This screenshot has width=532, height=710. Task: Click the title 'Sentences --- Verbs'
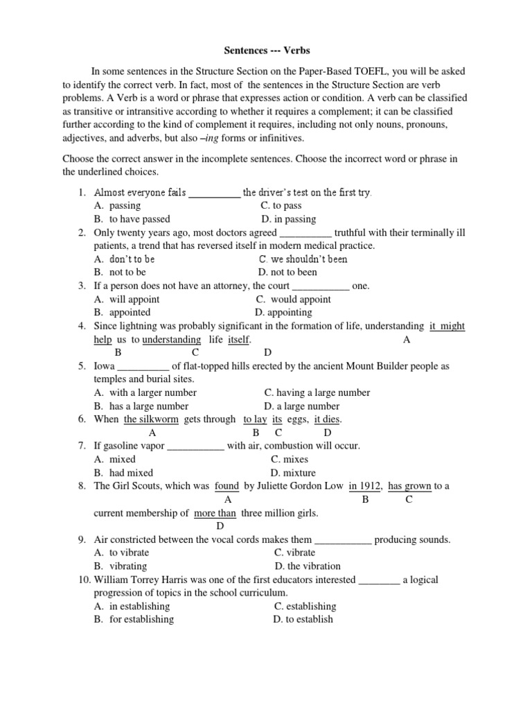pyautogui.click(x=267, y=51)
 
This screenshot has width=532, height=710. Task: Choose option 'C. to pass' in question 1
pyautogui.click(x=281, y=206)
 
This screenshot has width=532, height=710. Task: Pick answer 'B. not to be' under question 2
pyautogui.click(x=120, y=272)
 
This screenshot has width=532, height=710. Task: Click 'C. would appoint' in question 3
pyautogui.click(x=293, y=300)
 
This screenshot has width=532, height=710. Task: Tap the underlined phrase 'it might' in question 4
pyautogui.click(x=447, y=326)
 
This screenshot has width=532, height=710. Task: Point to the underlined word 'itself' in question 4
pyautogui.click(x=238, y=340)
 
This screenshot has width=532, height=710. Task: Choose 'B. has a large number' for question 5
pyautogui.click(x=141, y=406)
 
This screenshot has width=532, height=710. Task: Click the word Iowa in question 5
pyautogui.click(x=104, y=366)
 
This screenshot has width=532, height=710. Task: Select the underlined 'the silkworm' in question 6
pyautogui.click(x=151, y=419)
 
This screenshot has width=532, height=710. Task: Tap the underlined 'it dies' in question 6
pyautogui.click(x=328, y=419)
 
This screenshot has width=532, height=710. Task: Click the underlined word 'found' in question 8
pyautogui.click(x=227, y=486)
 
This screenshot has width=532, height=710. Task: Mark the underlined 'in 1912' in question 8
pyautogui.click(x=365, y=486)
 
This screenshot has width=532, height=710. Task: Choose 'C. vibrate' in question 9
pyautogui.click(x=294, y=553)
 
